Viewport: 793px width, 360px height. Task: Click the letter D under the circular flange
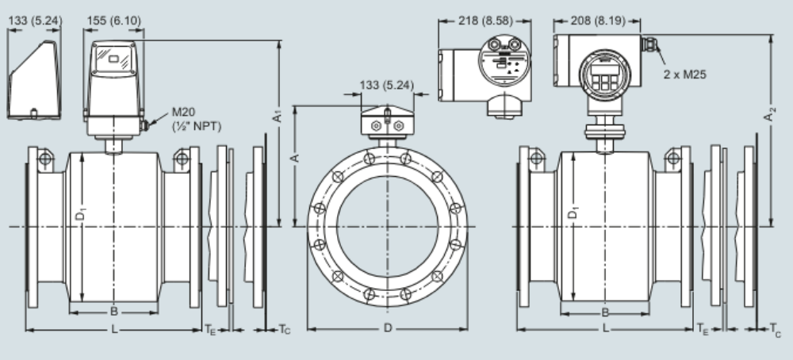click(x=387, y=327)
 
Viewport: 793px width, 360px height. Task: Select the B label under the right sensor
click(x=606, y=312)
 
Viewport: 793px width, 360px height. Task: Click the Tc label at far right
click(x=775, y=328)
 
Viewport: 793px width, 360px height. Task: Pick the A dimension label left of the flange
click(x=295, y=158)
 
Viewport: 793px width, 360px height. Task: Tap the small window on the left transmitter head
click(x=114, y=58)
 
